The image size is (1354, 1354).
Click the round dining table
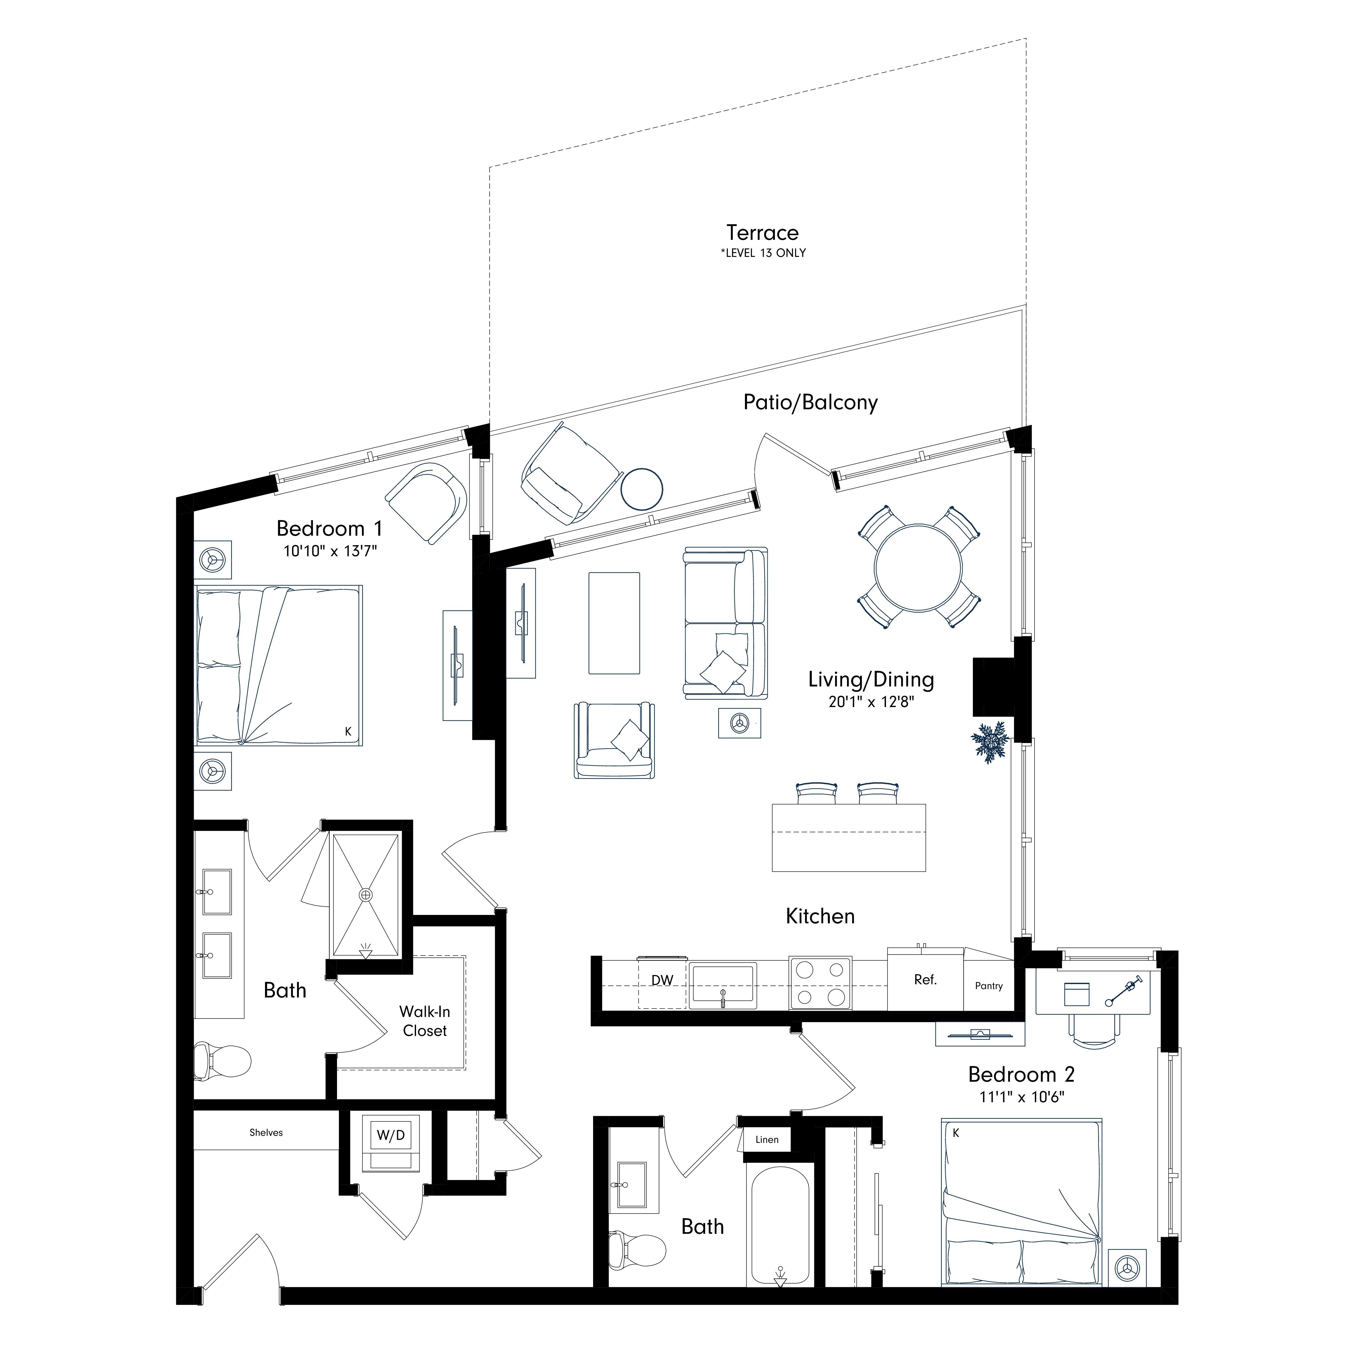tap(918, 567)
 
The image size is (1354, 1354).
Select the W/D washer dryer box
tap(390, 1135)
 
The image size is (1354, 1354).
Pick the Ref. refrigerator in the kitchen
tap(925, 980)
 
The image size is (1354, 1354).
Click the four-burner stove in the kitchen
tap(820, 983)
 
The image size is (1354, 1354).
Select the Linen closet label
tap(767, 1140)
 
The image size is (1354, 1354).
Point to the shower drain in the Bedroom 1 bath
tap(365, 895)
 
